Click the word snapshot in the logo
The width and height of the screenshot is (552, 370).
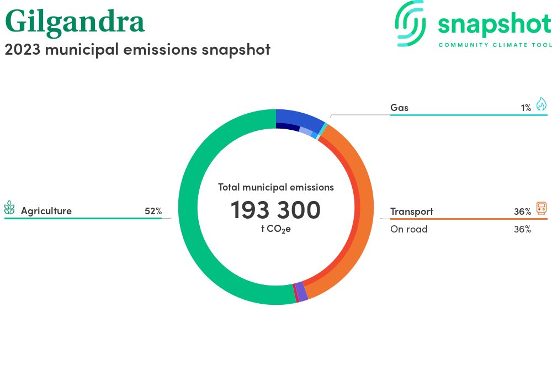(x=495, y=24)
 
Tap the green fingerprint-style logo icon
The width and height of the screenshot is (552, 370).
(x=410, y=24)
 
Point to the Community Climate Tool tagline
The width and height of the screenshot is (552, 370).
(x=495, y=45)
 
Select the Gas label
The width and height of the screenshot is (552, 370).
(x=399, y=108)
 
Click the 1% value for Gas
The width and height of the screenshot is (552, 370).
(x=526, y=108)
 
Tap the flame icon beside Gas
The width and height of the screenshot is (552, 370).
(x=542, y=104)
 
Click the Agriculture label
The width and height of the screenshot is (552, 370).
(x=46, y=211)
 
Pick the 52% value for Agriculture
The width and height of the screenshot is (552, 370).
(x=153, y=211)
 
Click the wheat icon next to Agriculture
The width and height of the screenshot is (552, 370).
(x=9, y=208)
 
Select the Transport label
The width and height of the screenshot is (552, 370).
(x=412, y=212)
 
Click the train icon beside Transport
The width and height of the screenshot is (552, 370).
(x=542, y=208)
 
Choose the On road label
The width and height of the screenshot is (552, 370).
(x=408, y=229)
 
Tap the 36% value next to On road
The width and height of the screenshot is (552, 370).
(x=522, y=229)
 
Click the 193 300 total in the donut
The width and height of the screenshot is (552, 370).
(x=275, y=210)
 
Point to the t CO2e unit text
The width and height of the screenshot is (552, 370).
(x=275, y=229)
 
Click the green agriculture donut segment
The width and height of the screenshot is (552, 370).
(x=188, y=208)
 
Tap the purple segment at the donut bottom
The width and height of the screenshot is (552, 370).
(x=301, y=292)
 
